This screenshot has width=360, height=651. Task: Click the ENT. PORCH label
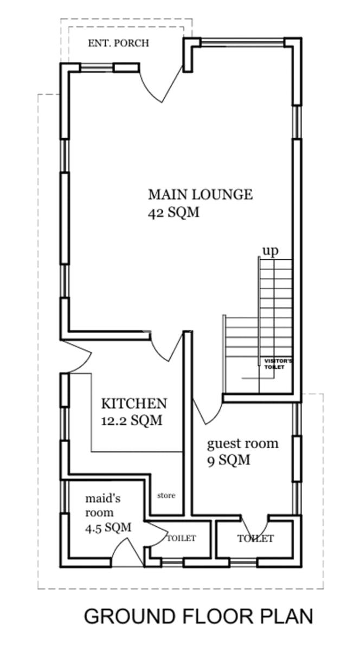119,43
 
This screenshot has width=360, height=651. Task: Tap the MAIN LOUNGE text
201,194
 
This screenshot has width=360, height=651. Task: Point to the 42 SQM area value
173,213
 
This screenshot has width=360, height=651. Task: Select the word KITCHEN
134,404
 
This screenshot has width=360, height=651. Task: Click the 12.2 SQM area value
132,420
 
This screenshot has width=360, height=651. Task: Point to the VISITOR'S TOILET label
278,364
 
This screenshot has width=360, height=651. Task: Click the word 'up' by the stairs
271,251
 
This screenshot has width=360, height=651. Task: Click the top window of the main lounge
242,43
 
